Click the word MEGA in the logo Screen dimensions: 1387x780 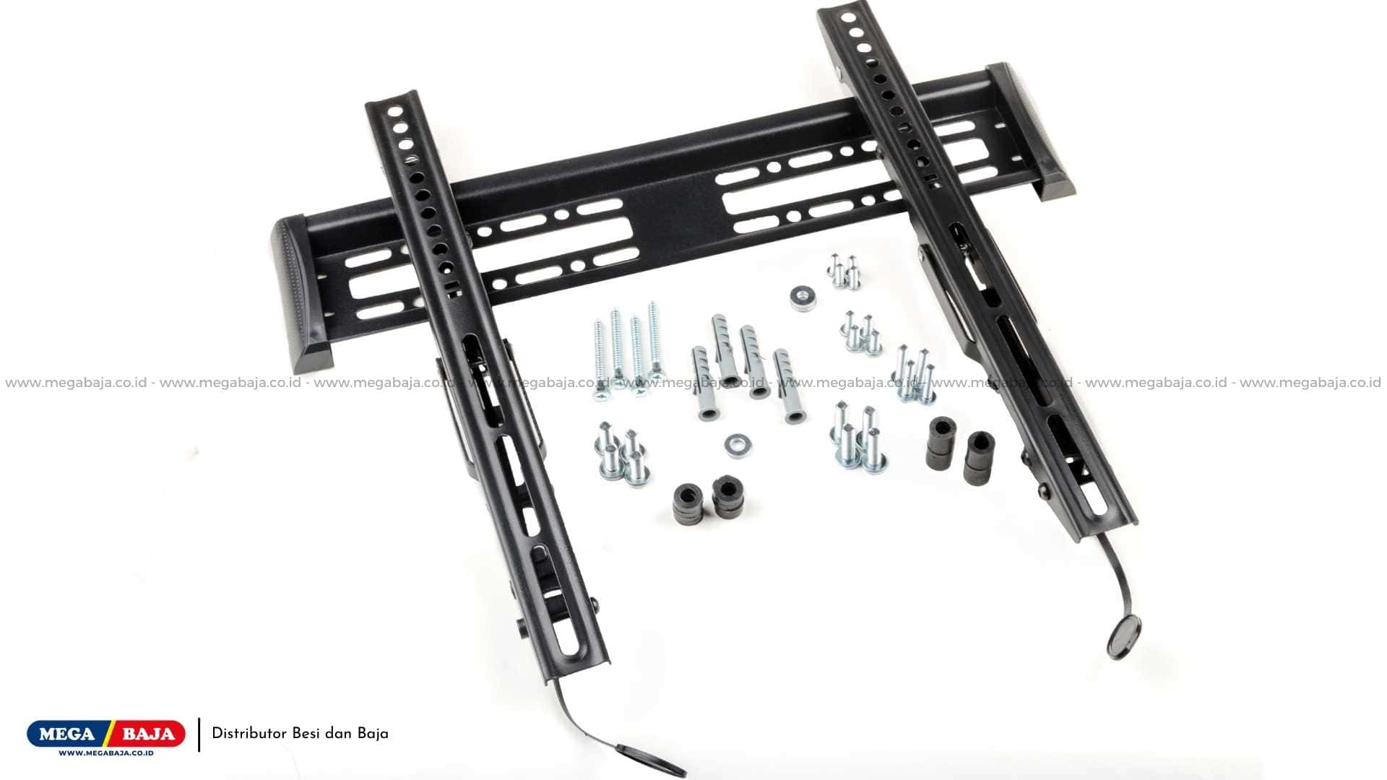pyautogui.click(x=66, y=734)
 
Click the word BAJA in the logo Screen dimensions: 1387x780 pyautogui.click(x=148, y=734)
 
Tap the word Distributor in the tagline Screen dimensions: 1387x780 pyautogui.click(x=249, y=734)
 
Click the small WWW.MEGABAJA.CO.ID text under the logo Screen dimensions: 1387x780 pyautogui.click(x=105, y=753)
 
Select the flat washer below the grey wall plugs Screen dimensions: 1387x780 pyautogui.click(x=736, y=445)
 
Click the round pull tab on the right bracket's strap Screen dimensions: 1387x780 pyautogui.click(x=1125, y=638)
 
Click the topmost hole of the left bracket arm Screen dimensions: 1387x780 pyautogui.click(x=394, y=112)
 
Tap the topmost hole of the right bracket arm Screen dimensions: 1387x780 pyautogui.click(x=846, y=16)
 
